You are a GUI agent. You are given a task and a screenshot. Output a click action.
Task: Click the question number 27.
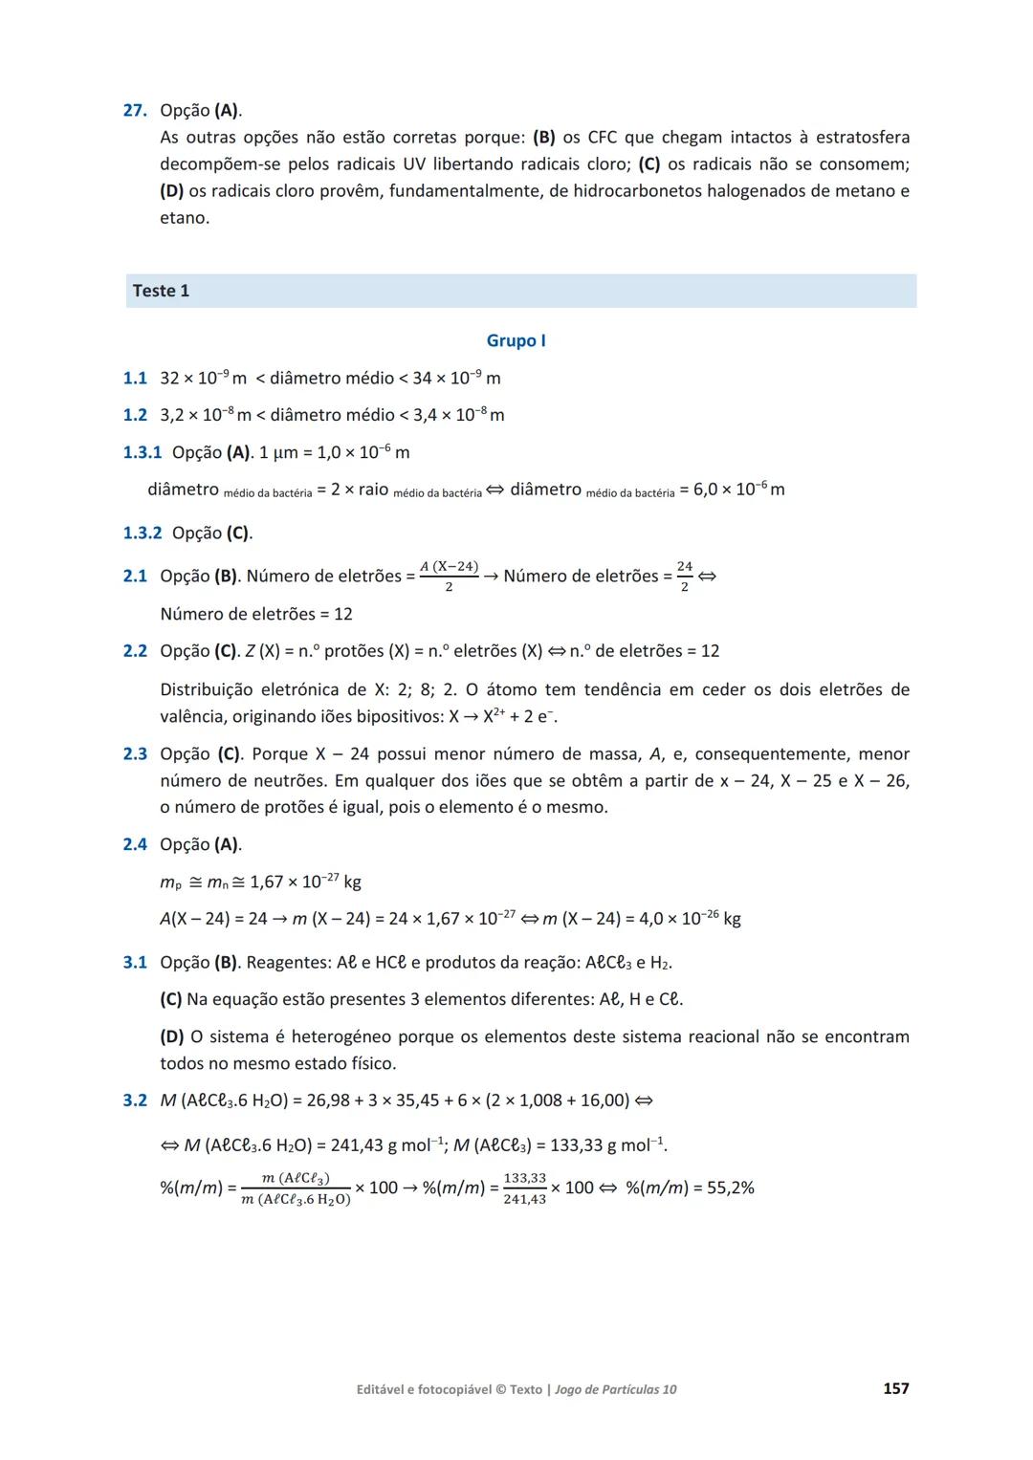[134, 111]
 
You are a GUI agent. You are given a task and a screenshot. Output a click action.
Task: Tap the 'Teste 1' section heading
[161, 291]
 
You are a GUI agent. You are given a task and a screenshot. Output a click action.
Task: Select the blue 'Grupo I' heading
[516, 340]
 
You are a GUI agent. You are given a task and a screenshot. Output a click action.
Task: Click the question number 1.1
[135, 379]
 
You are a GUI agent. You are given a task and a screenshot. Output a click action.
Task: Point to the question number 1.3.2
[143, 534]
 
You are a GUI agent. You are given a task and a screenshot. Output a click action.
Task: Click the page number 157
[895, 1388]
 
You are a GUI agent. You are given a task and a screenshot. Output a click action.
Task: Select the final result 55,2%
[721, 1188]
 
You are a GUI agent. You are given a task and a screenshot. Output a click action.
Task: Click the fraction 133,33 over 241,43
[524, 1188]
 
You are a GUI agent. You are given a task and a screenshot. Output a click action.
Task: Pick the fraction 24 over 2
[685, 577]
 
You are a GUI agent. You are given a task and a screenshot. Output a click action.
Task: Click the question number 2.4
[135, 844]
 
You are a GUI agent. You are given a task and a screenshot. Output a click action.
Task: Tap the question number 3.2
[135, 1100]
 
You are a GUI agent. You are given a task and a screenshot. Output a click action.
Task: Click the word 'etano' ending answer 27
[182, 218]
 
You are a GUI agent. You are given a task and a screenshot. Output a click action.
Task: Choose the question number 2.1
[135, 577]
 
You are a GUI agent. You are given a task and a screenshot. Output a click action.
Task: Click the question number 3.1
[135, 963]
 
